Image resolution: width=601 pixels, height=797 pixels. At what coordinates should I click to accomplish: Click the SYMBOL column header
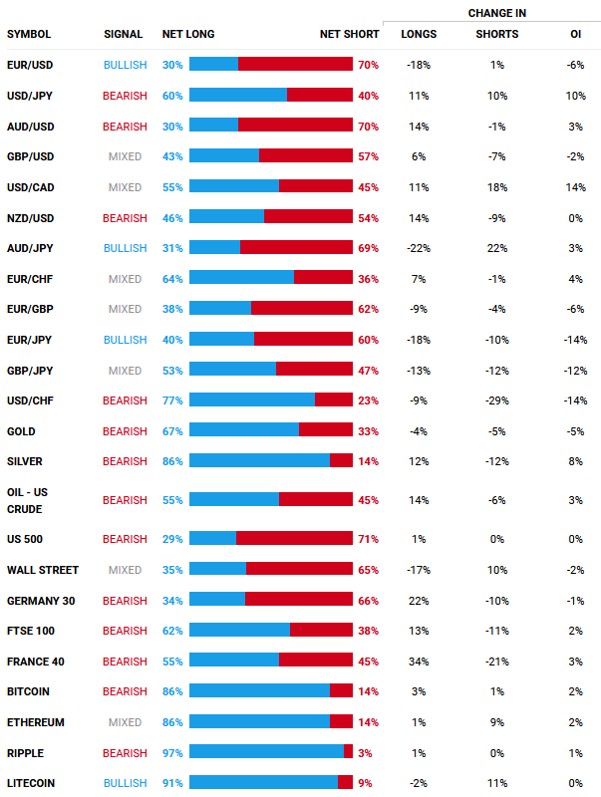click(29, 35)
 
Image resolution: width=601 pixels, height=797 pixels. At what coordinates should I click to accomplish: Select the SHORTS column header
click(496, 35)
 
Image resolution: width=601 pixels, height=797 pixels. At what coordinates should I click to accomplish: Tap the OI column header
click(575, 35)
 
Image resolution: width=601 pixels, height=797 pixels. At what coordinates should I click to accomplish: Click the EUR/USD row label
click(29, 65)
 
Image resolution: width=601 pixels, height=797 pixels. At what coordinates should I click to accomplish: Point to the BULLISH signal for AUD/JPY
click(125, 248)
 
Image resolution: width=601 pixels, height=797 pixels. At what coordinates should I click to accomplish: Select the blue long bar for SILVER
click(259, 461)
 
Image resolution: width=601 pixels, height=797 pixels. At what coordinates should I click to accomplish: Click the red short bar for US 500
click(294, 539)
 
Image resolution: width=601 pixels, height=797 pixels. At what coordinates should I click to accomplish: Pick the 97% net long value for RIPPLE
click(172, 753)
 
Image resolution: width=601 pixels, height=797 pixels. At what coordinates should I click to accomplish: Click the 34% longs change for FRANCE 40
click(418, 662)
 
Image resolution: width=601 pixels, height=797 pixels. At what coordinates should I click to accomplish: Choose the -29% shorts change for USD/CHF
click(496, 400)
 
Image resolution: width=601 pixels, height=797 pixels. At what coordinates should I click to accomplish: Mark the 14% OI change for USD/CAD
click(575, 187)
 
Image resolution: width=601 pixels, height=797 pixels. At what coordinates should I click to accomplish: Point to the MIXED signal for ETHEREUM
click(125, 722)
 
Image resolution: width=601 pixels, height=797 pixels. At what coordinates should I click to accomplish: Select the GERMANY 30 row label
click(41, 601)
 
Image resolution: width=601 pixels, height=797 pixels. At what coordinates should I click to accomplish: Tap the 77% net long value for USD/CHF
click(172, 400)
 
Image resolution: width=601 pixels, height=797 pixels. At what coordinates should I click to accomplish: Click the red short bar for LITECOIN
click(345, 783)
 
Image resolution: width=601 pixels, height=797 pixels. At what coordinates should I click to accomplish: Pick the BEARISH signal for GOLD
click(125, 431)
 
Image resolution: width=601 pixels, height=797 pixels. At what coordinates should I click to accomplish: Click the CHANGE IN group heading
click(496, 13)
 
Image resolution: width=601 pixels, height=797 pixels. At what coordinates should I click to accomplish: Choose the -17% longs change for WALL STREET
click(418, 570)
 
